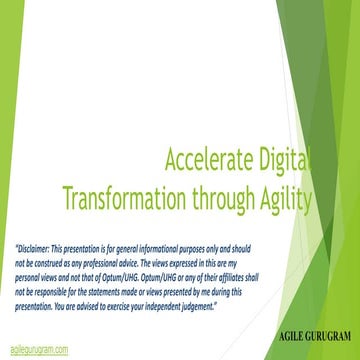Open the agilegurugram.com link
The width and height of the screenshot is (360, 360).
click(39, 349)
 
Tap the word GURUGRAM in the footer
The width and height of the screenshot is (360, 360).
click(313, 331)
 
